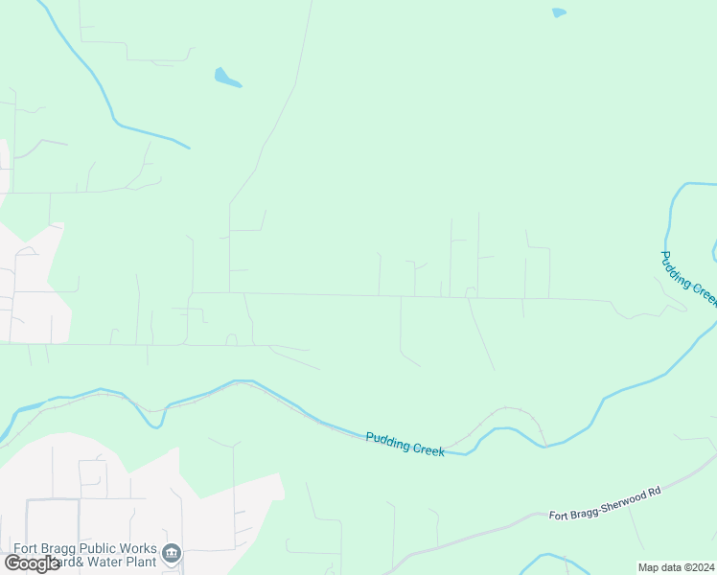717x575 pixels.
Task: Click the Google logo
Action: [x=32, y=563]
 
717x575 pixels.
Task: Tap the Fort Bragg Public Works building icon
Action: [x=173, y=553]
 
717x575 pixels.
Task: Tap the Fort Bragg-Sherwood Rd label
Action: [x=605, y=503]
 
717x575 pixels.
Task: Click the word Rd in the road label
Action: [x=655, y=492]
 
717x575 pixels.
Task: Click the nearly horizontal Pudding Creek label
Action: [x=405, y=443]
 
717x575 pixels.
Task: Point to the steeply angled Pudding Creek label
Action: [x=687, y=279]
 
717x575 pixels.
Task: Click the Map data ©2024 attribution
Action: [x=676, y=567]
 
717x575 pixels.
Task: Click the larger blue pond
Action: [x=227, y=78]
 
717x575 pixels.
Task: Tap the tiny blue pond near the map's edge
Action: [x=559, y=12]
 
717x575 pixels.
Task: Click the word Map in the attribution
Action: [x=648, y=567]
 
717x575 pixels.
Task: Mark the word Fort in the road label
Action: [x=559, y=516]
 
